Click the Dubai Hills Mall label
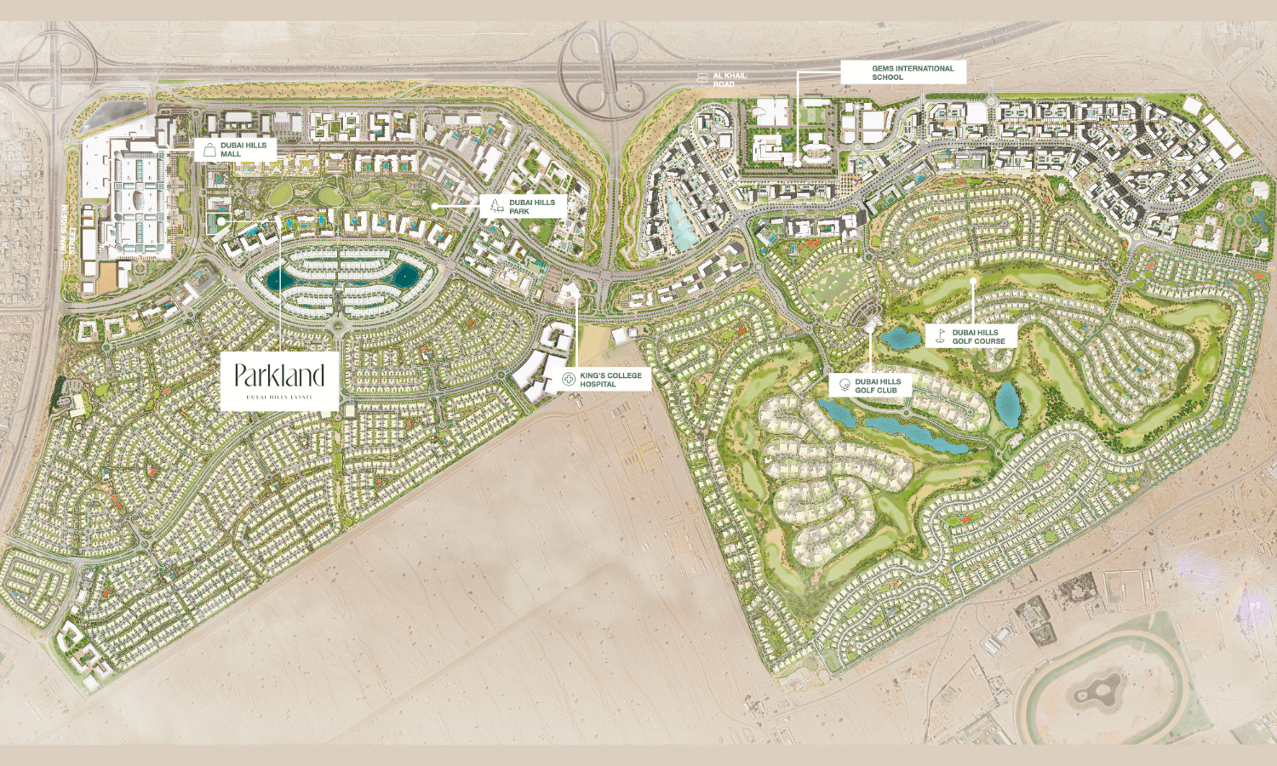click(x=243, y=150)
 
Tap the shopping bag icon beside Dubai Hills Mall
click(x=209, y=151)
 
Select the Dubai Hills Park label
click(x=532, y=207)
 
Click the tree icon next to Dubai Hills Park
click(x=497, y=206)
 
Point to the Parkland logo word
click(x=279, y=375)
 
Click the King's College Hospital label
click(x=610, y=380)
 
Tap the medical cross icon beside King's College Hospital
click(x=569, y=380)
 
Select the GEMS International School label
click(x=912, y=72)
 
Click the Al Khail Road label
click(x=730, y=79)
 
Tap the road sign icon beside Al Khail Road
click(x=702, y=79)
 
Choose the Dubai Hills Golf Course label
click(x=978, y=337)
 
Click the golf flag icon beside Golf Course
click(x=940, y=336)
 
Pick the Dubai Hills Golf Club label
click(x=878, y=386)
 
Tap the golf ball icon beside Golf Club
click(x=845, y=385)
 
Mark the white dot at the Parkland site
click(x=220, y=220)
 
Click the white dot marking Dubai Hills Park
click(x=434, y=206)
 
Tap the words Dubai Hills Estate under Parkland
click(x=279, y=397)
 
